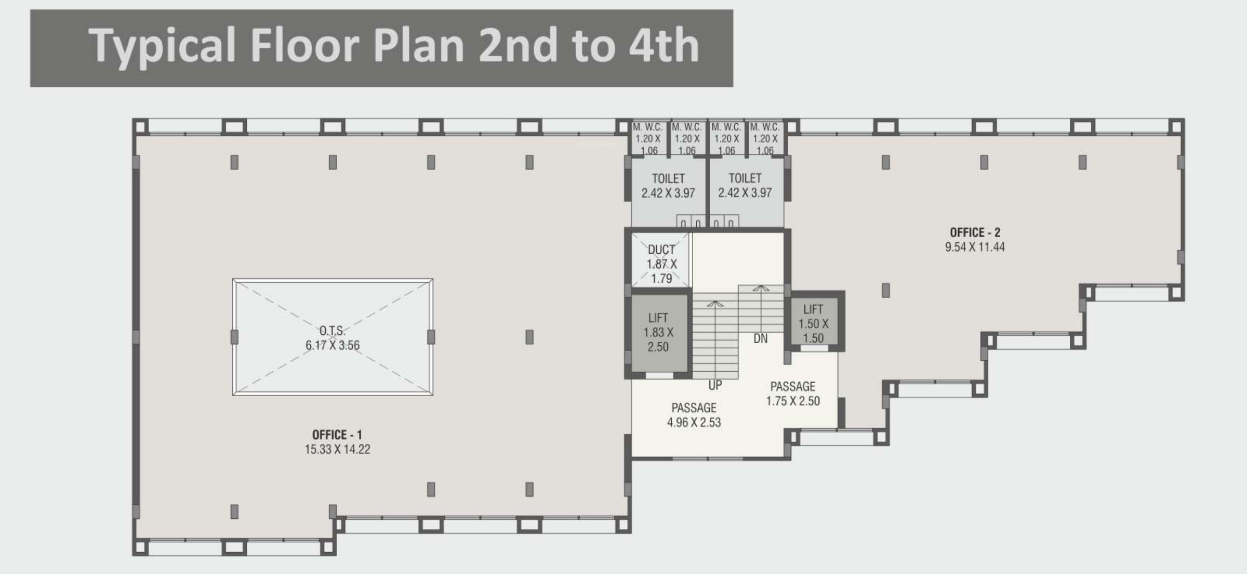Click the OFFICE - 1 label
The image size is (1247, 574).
pos(337,435)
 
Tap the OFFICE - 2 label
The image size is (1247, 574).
pos(975,232)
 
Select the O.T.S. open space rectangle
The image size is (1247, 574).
pos(333,337)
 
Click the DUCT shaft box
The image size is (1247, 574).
pos(661,259)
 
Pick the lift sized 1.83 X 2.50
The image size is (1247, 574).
pos(658,333)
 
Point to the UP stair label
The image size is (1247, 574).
pos(715,385)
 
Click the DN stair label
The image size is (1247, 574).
pos(760,338)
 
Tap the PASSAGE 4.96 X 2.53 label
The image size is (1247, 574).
pos(694,415)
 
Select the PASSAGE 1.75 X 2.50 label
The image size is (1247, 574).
pos(793,394)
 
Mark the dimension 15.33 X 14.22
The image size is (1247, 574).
pos(337,449)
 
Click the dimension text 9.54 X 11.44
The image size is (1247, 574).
pos(975,247)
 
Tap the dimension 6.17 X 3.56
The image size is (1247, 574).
pos(333,345)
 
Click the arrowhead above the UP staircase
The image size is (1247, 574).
pos(715,304)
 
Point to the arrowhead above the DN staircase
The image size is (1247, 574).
pos(761,288)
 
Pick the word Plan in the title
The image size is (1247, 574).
pos(419,46)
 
